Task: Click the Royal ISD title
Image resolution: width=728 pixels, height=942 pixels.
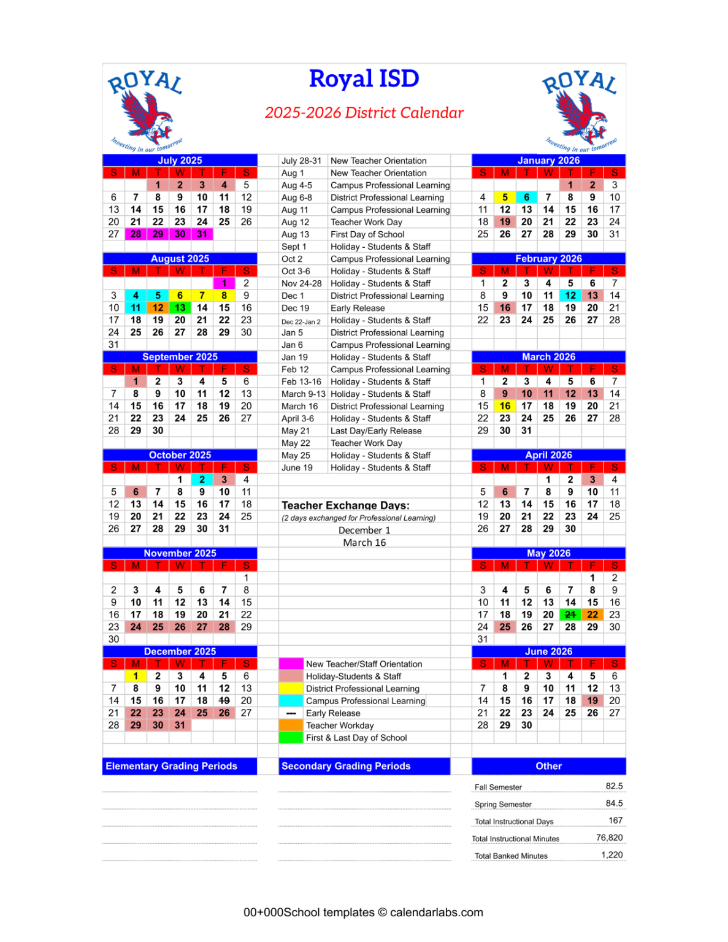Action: (x=364, y=79)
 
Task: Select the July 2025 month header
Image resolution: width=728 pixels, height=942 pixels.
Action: (x=180, y=160)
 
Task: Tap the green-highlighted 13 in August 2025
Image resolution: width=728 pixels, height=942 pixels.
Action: (x=180, y=308)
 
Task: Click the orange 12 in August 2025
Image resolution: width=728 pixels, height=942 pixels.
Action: (x=158, y=308)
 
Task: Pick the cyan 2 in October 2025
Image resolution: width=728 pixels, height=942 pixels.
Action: (x=202, y=480)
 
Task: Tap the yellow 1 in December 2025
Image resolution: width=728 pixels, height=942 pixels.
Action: (x=136, y=676)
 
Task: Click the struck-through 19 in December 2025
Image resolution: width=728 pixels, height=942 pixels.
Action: (x=224, y=700)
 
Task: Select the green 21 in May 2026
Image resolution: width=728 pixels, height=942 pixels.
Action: (x=570, y=615)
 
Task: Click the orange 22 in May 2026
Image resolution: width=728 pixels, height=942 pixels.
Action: (x=592, y=615)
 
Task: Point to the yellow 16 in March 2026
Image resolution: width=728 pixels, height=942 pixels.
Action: (x=505, y=406)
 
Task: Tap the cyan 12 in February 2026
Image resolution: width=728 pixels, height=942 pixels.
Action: (x=570, y=296)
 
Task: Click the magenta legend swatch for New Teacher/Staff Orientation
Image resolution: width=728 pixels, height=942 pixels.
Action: (x=291, y=664)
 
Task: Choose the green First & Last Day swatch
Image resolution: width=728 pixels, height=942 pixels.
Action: (x=291, y=738)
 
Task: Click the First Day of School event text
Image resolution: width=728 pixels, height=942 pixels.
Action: (x=367, y=234)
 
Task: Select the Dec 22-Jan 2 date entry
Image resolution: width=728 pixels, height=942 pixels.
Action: (x=301, y=321)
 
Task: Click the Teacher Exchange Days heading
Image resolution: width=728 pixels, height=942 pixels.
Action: (x=345, y=505)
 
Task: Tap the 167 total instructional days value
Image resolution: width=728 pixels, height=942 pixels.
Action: (x=615, y=821)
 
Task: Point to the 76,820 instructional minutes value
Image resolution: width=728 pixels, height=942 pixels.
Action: (x=609, y=838)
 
